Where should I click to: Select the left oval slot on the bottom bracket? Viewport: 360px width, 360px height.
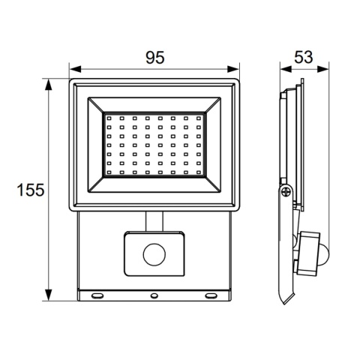point(99,295)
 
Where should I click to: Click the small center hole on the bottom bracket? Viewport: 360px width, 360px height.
point(154,295)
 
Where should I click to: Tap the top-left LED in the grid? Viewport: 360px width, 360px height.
point(107,118)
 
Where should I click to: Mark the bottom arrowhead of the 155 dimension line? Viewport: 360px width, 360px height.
point(50,298)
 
